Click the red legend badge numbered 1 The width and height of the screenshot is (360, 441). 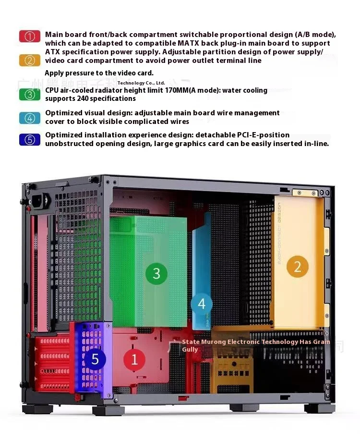point(30,37)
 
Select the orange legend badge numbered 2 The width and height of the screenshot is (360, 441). point(30,61)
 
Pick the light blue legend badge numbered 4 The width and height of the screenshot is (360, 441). point(30,118)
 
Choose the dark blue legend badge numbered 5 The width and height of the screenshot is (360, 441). point(30,140)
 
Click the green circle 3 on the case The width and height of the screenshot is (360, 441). point(156,273)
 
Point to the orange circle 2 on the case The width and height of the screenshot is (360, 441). point(297,266)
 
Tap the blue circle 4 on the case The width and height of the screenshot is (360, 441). point(202,304)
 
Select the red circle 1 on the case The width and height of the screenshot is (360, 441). point(134,359)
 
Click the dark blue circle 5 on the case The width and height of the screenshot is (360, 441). point(95,359)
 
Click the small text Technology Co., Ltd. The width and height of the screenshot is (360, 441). point(141,83)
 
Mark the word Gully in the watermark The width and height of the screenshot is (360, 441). point(190,349)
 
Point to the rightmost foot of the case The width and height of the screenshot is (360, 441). point(320,408)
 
